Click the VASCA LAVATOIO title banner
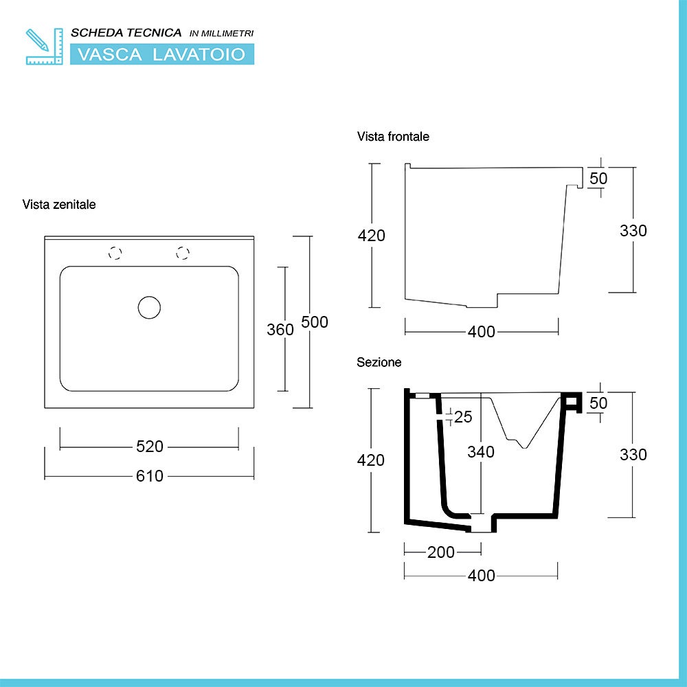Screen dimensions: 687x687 (x=162, y=54)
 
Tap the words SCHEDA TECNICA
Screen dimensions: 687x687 (x=126, y=33)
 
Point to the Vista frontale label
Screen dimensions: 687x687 (x=393, y=137)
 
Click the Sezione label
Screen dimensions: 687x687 (x=379, y=362)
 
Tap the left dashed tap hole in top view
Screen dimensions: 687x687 (x=115, y=253)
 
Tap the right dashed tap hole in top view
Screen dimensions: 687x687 (x=183, y=253)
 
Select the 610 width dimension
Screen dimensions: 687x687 (x=149, y=475)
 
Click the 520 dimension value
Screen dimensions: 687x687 (x=149, y=447)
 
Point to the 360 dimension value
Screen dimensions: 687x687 (x=280, y=329)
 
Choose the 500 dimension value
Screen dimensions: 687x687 (x=315, y=322)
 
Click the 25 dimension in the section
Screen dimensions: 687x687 (x=463, y=416)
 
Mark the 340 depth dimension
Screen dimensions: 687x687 (x=481, y=451)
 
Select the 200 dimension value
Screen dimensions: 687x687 (x=440, y=552)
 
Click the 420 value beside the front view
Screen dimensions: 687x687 (x=372, y=235)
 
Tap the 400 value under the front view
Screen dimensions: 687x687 (x=481, y=332)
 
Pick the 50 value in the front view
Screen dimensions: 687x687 (x=598, y=178)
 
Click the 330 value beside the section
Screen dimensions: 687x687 (x=633, y=454)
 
